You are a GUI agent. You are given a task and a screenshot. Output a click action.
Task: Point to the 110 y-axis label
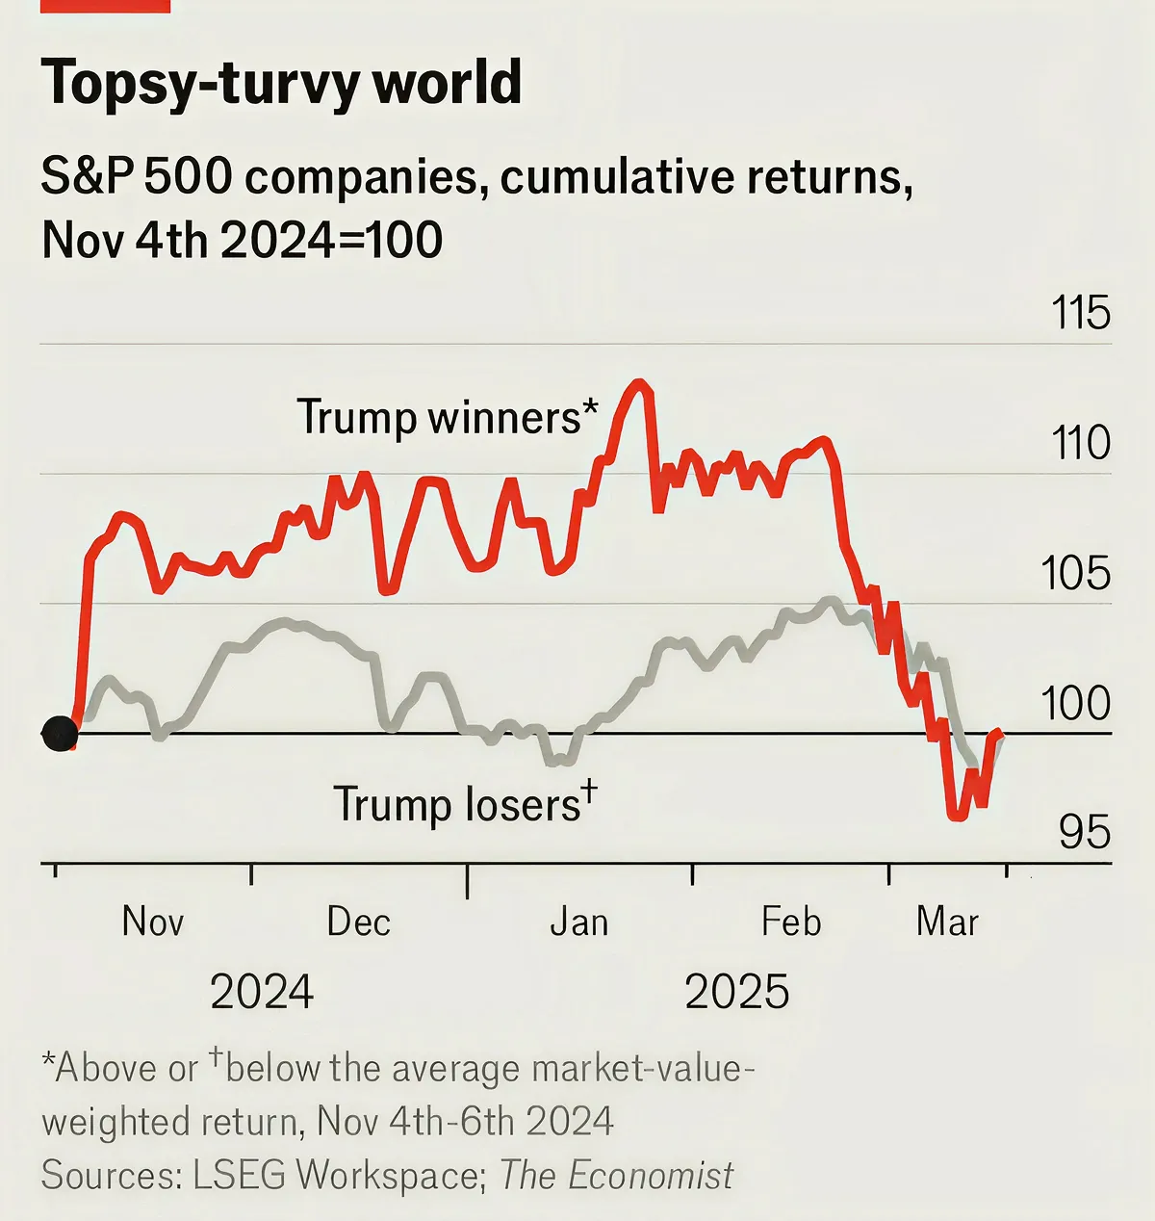tap(1080, 443)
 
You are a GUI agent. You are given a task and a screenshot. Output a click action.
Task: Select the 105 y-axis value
tap(1076, 573)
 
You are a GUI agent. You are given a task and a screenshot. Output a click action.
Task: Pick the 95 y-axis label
tap(1084, 832)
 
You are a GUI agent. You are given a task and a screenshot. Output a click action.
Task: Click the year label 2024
tap(262, 992)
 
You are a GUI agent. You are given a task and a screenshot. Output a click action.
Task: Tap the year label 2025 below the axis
tap(737, 992)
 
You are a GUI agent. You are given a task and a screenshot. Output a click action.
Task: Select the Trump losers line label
tap(465, 803)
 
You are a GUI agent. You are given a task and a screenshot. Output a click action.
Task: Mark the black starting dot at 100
tap(60, 734)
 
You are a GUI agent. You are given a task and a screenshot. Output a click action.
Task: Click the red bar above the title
tap(105, 6)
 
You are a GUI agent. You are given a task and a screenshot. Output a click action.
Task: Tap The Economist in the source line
tap(617, 1175)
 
